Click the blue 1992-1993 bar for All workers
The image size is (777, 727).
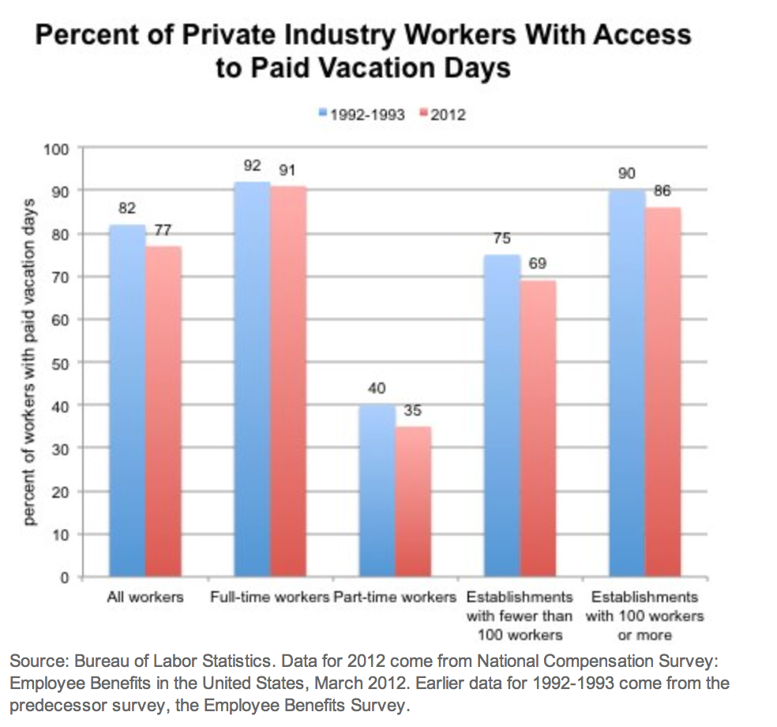pos(127,401)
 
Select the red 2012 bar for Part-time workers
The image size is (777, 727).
pos(413,501)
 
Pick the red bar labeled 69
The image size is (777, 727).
pos(538,428)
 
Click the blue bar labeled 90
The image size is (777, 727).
pos(627,383)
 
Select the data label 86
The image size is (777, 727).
pos(662,190)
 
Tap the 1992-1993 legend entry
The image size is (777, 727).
pos(362,115)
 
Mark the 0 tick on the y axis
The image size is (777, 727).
pos(66,577)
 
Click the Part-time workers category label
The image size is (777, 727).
pos(395,597)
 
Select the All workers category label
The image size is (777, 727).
pos(145,597)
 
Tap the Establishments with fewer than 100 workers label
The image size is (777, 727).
pos(519,616)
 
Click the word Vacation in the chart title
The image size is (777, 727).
pos(352,67)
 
